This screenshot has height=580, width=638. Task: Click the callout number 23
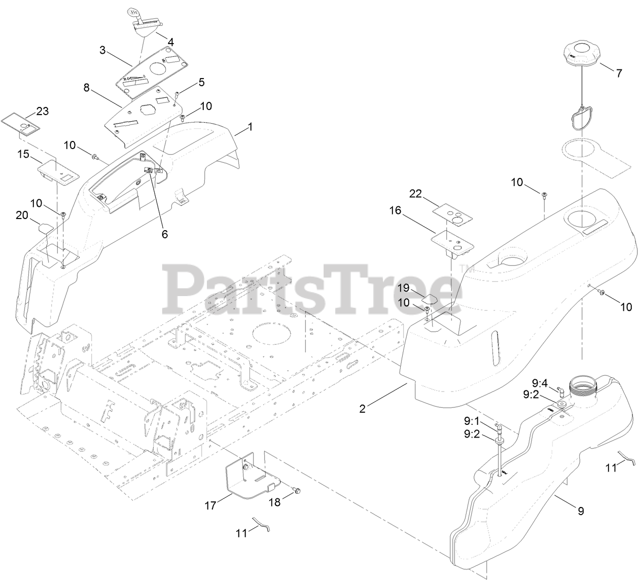pyautogui.click(x=42, y=111)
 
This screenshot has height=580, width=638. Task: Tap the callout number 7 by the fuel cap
pyautogui.click(x=618, y=74)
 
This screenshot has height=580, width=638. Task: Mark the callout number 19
pyautogui.click(x=403, y=288)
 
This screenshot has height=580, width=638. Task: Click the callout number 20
pyautogui.click(x=22, y=215)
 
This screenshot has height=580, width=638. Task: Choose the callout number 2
pyautogui.click(x=362, y=408)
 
